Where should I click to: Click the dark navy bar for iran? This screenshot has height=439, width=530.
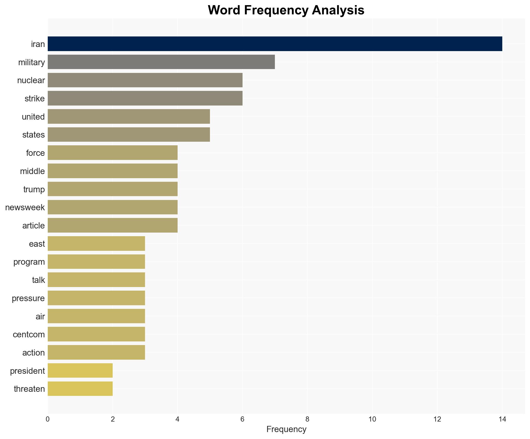275,44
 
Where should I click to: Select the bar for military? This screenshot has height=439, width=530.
161,62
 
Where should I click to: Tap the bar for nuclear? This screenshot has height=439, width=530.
145,80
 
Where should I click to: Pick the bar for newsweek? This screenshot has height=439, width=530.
112,207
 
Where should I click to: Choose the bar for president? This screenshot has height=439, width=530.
80,370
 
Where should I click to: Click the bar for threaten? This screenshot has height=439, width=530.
80,389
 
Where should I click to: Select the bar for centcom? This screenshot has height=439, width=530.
96,334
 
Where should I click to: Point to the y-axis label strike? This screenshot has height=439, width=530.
35,99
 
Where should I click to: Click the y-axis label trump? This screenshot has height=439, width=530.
34,189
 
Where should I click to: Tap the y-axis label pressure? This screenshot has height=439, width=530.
28,298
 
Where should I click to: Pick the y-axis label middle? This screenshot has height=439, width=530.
32,171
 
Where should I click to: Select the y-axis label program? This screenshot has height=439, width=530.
29,262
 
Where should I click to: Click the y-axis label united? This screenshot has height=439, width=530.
33,117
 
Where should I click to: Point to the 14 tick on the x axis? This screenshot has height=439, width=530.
502,419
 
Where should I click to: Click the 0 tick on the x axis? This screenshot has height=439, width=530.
48,419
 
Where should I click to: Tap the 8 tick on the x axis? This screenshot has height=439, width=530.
307,419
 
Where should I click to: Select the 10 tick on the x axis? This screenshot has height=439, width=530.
372,419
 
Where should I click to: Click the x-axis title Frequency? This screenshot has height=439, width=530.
286,429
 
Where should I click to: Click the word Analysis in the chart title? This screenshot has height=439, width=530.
338,10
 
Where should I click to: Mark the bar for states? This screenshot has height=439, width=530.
129,135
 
